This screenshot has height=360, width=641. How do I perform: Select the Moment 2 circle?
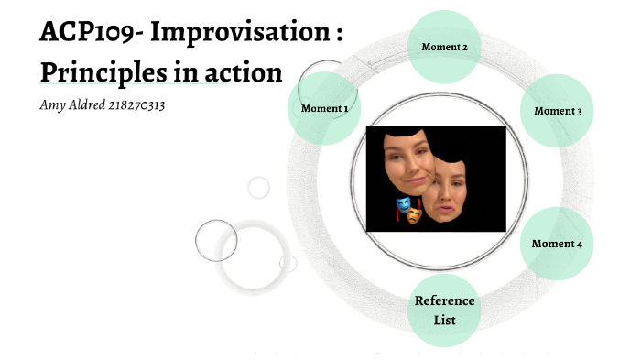pos(444,47)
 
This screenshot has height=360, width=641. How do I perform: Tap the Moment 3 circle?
pos(558,111)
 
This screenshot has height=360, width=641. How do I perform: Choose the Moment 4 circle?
pos(558,244)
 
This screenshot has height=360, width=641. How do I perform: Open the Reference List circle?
pos(444,311)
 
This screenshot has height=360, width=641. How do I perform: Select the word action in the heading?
pos(241,72)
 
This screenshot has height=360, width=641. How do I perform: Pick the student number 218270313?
pos(143,105)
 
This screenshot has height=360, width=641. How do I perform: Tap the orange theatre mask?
pos(415,215)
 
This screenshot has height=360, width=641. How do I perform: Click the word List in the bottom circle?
pos(444,320)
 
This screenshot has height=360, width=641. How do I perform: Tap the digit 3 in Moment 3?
pos(579,111)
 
